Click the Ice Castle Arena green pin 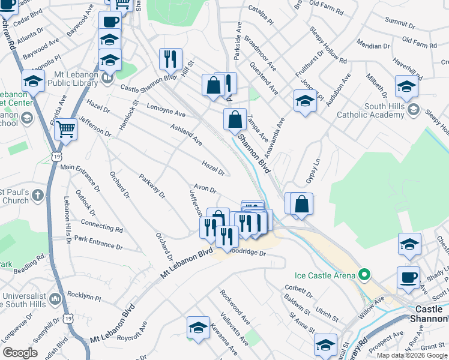[363, 276]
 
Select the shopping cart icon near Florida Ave [65, 128]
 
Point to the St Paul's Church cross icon [37, 196]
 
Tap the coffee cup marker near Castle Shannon [408, 278]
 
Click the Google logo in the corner [20, 353]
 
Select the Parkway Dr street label [152, 186]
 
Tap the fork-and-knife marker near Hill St [170, 60]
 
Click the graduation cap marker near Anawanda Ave [305, 101]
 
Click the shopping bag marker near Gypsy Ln [302, 204]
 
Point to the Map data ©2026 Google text [412, 355]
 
